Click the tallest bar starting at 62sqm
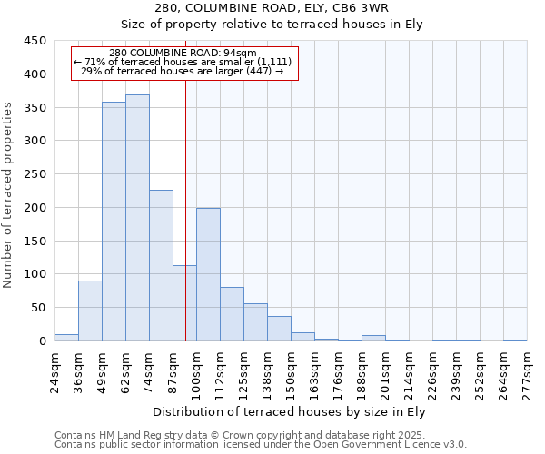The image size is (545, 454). (137, 218)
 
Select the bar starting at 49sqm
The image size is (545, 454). (114, 222)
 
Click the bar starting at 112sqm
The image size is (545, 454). (232, 314)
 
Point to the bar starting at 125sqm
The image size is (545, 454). (255, 322)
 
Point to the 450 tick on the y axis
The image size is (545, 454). (35, 41)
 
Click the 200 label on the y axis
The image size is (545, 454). (35, 207)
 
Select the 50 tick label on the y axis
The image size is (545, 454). (39, 308)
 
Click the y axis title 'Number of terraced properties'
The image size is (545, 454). (9, 195)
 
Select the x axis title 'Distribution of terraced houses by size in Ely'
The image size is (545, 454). (291, 412)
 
